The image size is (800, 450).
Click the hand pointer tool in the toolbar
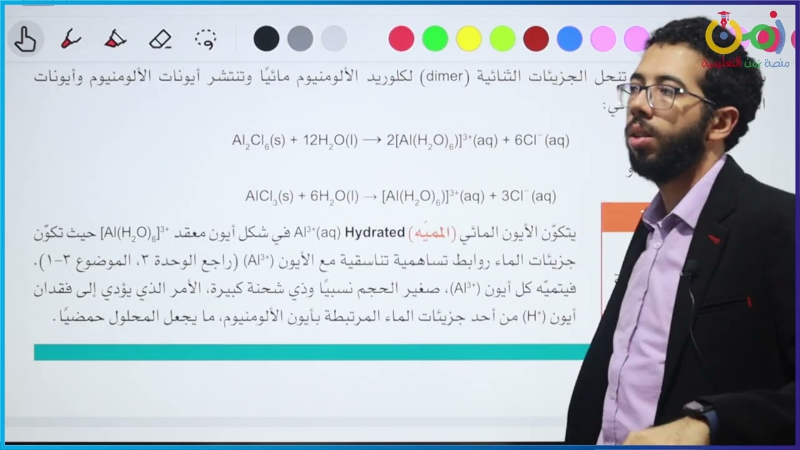[x=25, y=39]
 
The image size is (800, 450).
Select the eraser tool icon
[x=160, y=39]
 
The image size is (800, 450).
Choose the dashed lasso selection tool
[x=206, y=39]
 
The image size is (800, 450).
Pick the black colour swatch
[x=266, y=39]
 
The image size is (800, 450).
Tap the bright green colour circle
[x=435, y=39]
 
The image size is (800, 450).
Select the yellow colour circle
[x=469, y=39]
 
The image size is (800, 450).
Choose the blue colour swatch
[x=569, y=39]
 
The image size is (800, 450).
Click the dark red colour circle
[x=536, y=39]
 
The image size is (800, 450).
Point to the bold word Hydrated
[x=375, y=232]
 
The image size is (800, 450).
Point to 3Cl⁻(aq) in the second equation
[x=528, y=196]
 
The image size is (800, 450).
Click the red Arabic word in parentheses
[x=431, y=233]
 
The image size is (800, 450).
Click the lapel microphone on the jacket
[x=690, y=269]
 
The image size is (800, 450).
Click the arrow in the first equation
[x=372, y=141]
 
